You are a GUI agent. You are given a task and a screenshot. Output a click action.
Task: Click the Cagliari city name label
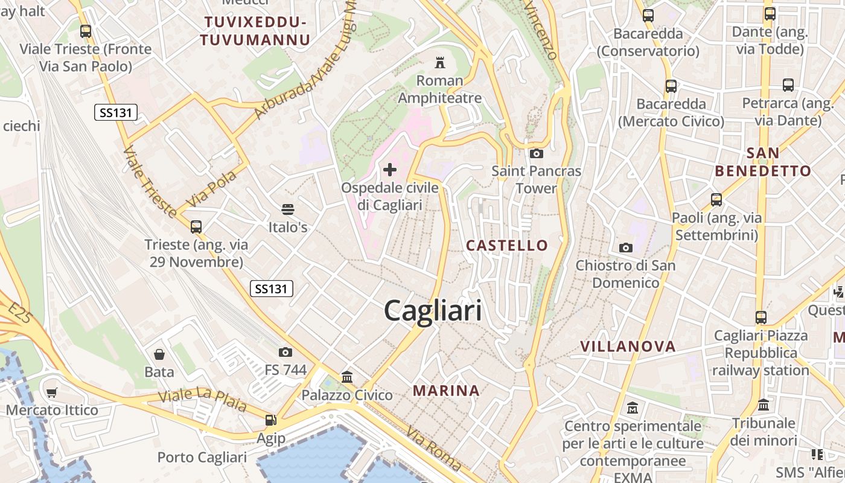pos(433,312)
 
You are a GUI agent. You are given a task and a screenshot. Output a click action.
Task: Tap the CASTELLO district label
pos(507,246)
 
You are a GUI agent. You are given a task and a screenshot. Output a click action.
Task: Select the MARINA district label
pos(446,391)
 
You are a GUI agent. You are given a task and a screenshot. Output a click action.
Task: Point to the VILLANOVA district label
pos(628,347)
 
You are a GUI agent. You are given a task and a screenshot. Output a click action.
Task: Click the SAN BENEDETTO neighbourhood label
pos(763,162)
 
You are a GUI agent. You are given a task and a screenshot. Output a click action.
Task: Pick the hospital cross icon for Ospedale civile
pos(390,170)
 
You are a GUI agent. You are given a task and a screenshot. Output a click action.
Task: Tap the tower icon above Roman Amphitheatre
pos(439,63)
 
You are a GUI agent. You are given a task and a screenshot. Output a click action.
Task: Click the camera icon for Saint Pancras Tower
pos(536,154)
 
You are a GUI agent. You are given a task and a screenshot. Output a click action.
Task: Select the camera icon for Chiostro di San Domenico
pos(625,248)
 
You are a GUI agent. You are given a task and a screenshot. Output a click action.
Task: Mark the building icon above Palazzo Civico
pos(347,377)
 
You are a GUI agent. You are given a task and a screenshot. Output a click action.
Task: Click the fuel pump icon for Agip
pos(271,420)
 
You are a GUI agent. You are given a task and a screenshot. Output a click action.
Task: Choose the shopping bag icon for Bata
pos(159,354)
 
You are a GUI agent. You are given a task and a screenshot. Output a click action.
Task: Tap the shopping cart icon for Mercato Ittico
pos(52,392)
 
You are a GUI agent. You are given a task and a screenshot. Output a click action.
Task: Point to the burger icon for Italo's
pos(288,210)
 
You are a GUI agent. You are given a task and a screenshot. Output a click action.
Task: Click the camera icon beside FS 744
pos(285,352)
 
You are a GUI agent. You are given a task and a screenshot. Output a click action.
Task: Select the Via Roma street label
pos(434,448)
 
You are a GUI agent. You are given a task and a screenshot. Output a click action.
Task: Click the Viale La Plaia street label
pos(202,400)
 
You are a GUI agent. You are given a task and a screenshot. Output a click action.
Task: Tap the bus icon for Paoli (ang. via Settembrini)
pos(716,199)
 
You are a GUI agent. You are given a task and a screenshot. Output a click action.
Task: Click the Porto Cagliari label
pos(202,457)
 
